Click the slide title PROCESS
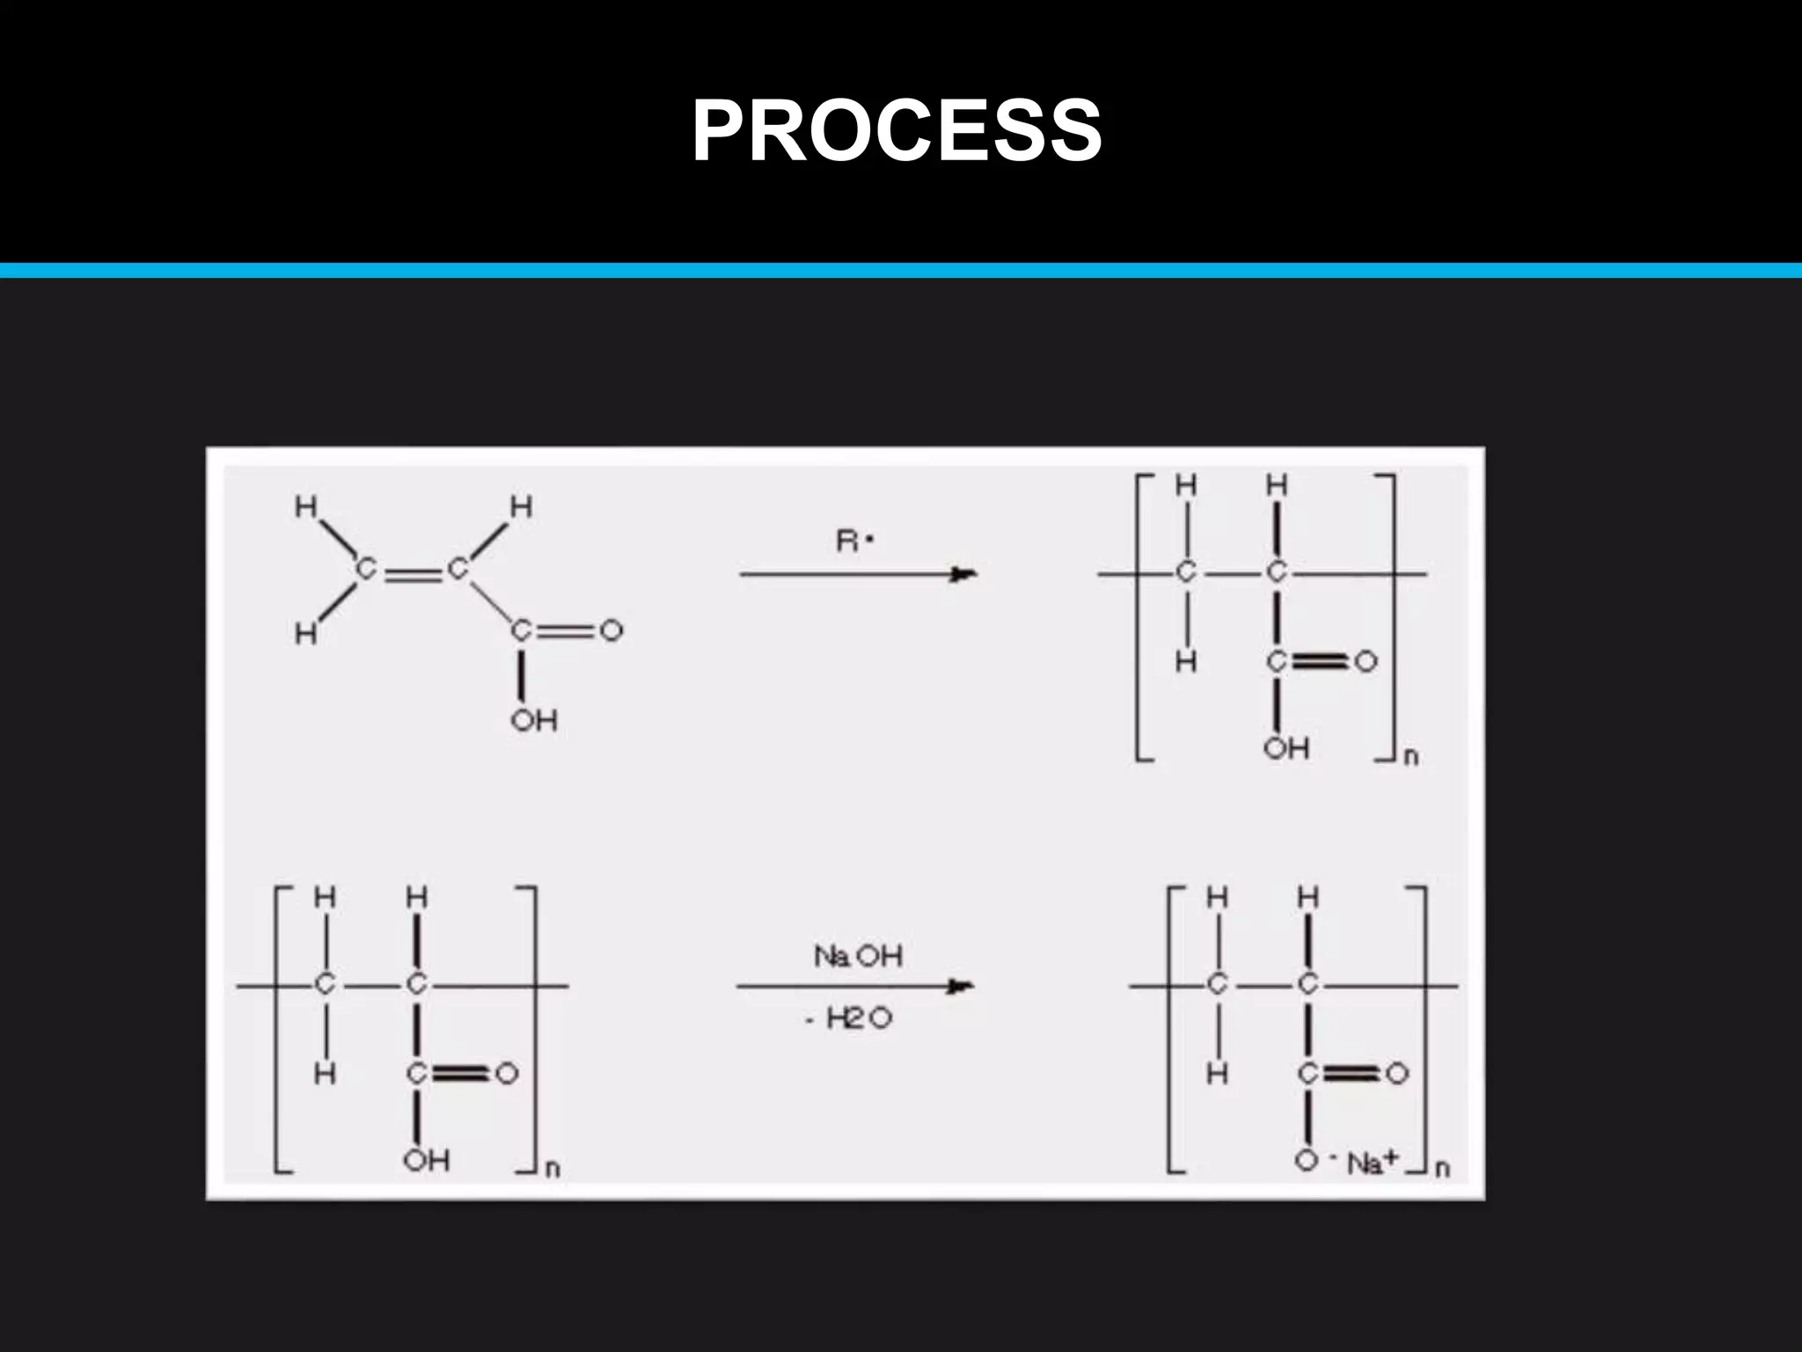pos(897,130)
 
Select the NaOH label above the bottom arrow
pos(858,956)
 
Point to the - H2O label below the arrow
pos(850,1019)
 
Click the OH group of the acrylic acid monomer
pos(534,721)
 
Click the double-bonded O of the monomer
pos(611,630)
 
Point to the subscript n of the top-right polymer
pos(1410,757)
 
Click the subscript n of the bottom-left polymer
pos(553,1170)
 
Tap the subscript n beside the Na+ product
pos(1442,1169)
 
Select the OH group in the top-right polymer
pos(1286,749)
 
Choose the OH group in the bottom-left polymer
pos(427,1160)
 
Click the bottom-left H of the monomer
pos(305,633)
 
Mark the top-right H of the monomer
pos(522,507)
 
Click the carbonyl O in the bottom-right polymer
pos(1397,1074)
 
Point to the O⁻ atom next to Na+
pos(1307,1161)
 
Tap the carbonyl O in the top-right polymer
pos(1366,661)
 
